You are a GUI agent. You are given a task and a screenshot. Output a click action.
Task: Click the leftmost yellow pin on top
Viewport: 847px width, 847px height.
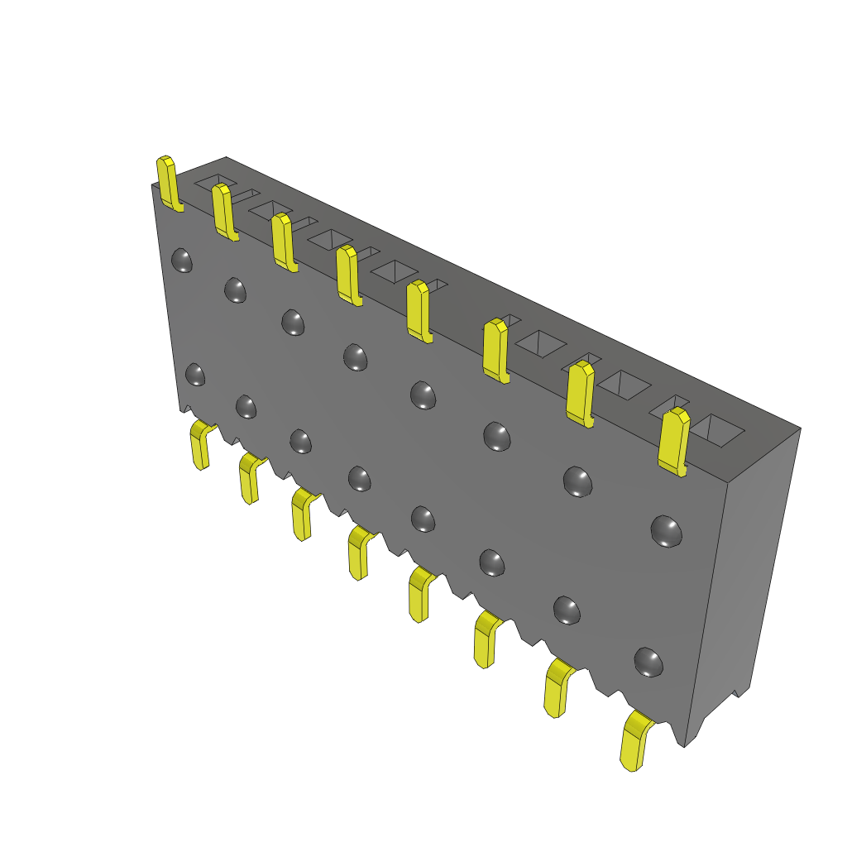168,183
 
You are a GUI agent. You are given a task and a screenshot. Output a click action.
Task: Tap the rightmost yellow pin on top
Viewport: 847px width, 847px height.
675,441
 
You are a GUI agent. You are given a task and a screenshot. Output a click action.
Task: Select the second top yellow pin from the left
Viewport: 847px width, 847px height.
223,212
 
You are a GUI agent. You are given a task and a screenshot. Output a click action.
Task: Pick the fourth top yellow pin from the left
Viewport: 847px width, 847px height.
347,275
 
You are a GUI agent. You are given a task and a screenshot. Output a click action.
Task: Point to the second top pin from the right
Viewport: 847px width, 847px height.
581,393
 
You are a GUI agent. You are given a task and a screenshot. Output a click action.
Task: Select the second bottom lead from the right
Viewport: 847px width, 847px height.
557,687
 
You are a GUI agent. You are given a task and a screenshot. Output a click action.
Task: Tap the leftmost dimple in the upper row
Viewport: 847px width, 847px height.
181,261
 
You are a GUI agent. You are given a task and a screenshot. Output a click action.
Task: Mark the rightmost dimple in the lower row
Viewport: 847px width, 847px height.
648,662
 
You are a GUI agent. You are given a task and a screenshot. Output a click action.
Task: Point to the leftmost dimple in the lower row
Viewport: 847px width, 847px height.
195,374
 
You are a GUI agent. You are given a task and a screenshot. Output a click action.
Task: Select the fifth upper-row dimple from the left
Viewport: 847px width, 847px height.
423,395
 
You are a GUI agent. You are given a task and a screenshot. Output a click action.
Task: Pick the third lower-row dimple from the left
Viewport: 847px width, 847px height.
300,441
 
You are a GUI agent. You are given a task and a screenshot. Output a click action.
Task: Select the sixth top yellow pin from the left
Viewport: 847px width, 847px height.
495,350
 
